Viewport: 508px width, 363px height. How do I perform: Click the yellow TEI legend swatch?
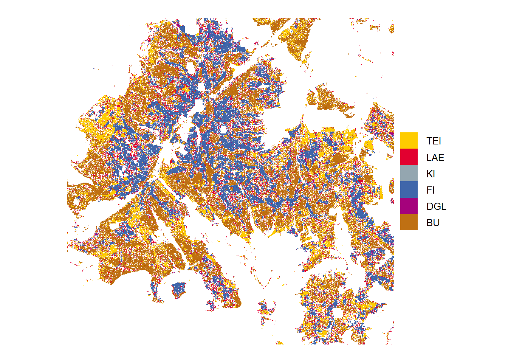click(x=409, y=140)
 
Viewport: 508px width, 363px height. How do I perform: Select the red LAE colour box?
click(x=409, y=157)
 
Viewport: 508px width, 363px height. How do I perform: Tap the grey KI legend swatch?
click(x=409, y=173)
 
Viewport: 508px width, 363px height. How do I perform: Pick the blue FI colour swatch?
click(x=409, y=189)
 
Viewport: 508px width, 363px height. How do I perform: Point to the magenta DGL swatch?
click(x=409, y=206)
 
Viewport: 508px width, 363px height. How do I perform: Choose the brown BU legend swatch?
click(x=409, y=222)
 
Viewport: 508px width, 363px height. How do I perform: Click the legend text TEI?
click(x=434, y=141)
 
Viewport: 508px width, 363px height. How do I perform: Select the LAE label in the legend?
click(x=435, y=157)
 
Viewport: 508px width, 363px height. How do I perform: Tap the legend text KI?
click(x=431, y=174)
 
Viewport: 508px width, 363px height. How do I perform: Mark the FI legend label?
click(x=430, y=190)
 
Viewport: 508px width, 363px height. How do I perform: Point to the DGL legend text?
click(x=436, y=206)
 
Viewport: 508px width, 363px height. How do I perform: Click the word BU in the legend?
click(x=433, y=223)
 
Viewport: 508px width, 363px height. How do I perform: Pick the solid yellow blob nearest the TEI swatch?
click(x=369, y=145)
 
